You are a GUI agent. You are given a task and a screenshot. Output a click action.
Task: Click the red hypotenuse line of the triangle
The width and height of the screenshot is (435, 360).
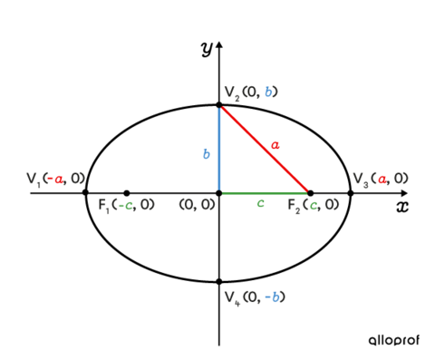[265, 150]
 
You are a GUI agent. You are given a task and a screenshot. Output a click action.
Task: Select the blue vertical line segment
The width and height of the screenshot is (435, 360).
[218, 150]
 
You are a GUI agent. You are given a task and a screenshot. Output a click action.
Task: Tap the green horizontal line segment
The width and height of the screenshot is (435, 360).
[263, 192]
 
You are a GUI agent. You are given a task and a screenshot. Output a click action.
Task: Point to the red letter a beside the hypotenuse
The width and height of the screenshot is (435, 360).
[275, 145]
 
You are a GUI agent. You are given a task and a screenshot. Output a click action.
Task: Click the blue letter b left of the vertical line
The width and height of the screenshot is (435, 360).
[207, 154]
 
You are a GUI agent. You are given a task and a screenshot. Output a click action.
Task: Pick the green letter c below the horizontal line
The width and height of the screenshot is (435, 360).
[260, 203]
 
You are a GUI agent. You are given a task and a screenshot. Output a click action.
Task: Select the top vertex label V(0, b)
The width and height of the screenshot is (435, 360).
[250, 92]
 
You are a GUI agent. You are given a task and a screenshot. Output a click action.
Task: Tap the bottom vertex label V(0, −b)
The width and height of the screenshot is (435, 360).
[254, 297]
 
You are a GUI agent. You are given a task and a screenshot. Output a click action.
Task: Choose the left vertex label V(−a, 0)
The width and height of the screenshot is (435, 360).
[54, 179]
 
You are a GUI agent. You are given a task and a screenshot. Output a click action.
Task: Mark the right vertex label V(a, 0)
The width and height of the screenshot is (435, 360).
[380, 179]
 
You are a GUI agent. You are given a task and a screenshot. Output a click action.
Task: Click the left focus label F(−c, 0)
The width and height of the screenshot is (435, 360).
[126, 205]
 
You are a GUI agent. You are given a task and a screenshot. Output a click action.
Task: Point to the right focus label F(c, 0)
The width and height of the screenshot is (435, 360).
[313, 205]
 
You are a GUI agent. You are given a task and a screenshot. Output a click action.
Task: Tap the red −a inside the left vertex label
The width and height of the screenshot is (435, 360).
[56, 180]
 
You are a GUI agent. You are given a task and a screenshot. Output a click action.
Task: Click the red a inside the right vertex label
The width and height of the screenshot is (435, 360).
[382, 180]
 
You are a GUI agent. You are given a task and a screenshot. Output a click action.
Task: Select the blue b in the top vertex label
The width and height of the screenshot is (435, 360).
[268, 92]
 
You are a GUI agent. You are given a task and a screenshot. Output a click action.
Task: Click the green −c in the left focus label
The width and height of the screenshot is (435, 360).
[127, 206]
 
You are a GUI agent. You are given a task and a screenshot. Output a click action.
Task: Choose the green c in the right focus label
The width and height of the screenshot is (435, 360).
[314, 206]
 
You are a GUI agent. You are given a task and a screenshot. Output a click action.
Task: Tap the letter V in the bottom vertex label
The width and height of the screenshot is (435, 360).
[230, 297]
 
